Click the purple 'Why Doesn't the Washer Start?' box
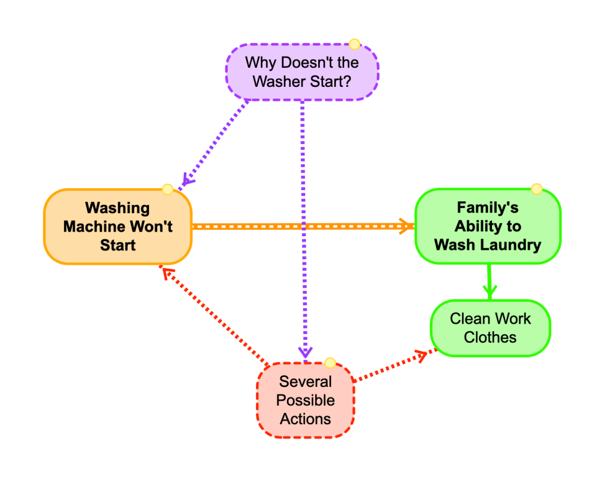(302, 71)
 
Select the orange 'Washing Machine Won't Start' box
(118, 226)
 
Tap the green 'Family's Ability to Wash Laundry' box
(487, 226)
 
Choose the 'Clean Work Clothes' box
(490, 328)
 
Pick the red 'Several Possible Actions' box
(305, 400)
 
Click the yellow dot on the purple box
(354, 44)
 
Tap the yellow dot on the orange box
(167, 189)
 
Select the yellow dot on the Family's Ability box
(536, 189)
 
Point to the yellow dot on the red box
(330, 363)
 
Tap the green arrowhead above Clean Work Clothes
(489, 291)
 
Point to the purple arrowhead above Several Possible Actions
(305, 353)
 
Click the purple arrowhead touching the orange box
(187, 180)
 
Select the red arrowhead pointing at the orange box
(167, 273)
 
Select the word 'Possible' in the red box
(305, 400)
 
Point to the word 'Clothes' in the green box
(490, 337)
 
